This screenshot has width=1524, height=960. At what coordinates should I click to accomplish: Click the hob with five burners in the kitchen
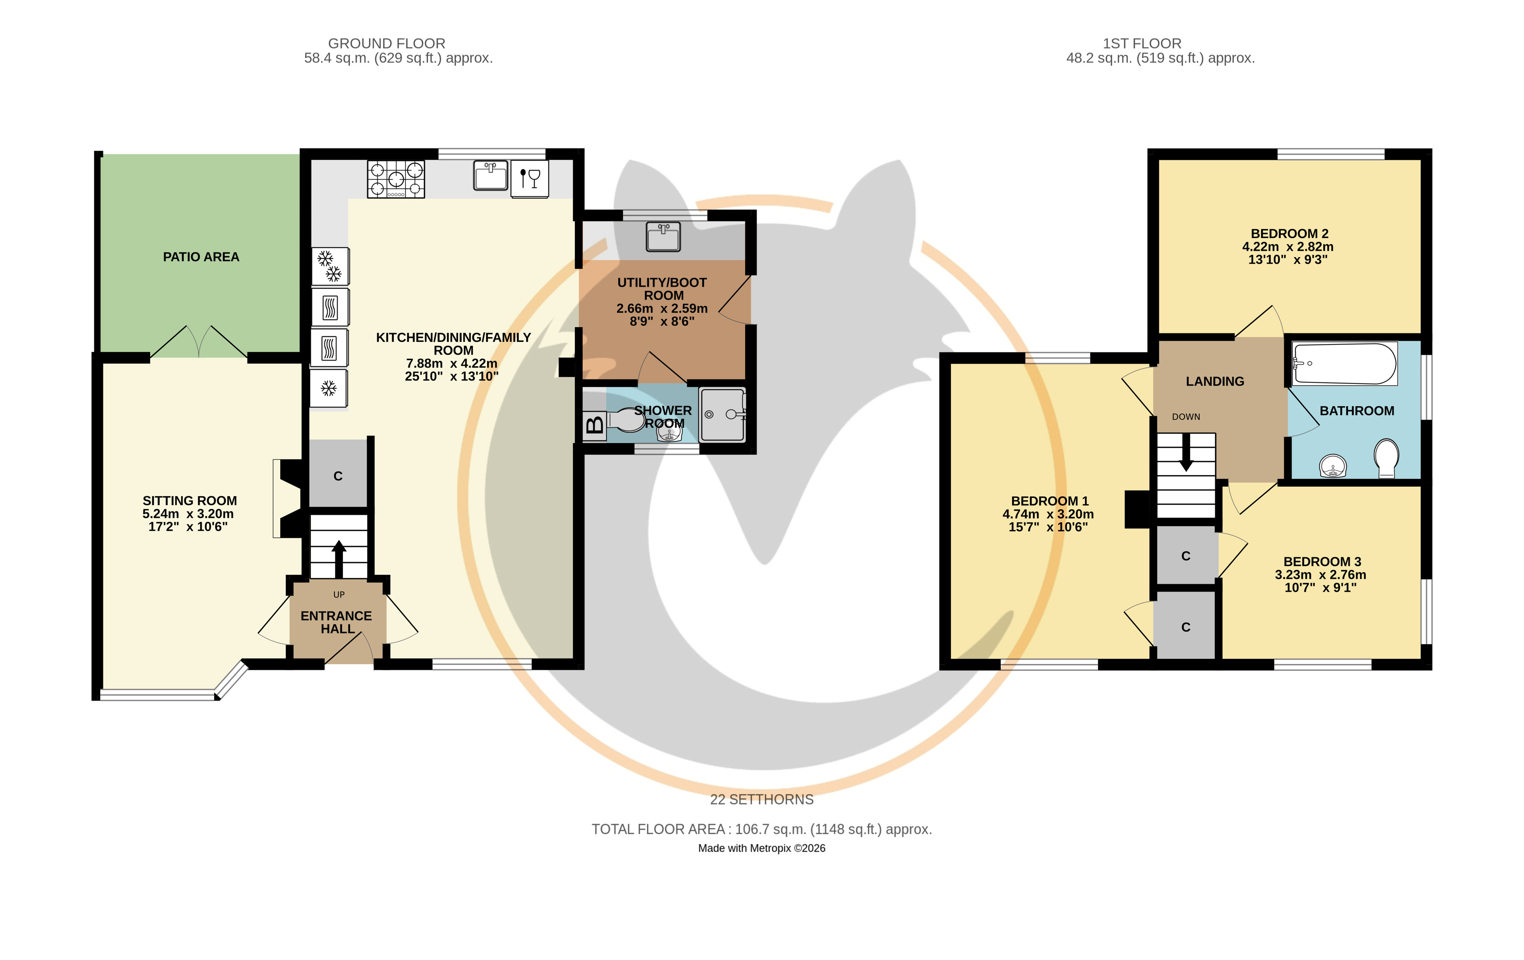[396, 179]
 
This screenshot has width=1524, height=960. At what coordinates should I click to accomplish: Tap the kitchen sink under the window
[491, 175]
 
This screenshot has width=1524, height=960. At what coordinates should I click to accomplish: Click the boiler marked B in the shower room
[594, 424]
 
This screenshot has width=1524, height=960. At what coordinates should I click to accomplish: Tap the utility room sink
[663, 237]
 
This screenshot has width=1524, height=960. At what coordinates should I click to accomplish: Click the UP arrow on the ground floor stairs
[339, 559]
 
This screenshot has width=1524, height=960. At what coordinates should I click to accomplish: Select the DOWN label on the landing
[1185, 417]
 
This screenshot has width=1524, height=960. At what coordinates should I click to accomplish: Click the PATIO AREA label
[201, 257]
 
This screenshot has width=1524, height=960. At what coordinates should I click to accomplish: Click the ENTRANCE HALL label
[337, 622]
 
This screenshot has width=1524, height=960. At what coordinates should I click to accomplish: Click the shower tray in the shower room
[723, 414]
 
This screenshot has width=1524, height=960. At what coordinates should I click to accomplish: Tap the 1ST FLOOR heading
[1142, 44]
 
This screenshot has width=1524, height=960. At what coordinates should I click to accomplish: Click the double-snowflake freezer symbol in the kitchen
[329, 266]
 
